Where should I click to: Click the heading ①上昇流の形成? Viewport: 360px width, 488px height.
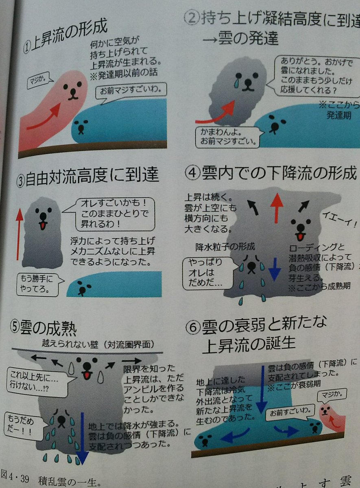(67, 39)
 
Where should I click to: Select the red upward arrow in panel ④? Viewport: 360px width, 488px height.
(277, 207)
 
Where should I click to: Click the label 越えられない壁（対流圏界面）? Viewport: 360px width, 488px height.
(98, 344)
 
